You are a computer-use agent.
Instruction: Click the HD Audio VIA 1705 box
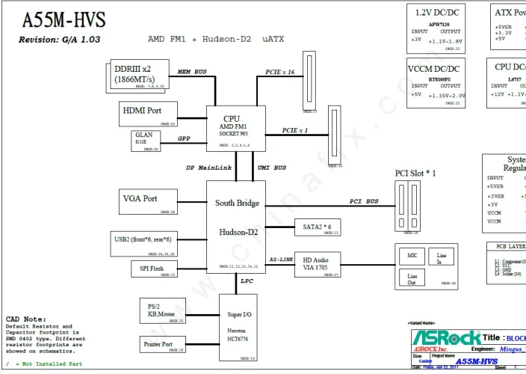coord(317,263)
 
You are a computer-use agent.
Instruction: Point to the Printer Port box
coord(161,345)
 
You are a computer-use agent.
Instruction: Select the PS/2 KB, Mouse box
coord(161,311)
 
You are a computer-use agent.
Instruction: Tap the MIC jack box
coord(412,256)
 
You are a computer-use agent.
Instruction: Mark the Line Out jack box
coord(412,278)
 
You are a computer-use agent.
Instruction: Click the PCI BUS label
coord(364,201)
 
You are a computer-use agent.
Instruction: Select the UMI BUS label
coord(270,168)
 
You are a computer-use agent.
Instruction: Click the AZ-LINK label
coord(280,259)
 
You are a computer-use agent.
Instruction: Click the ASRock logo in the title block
coord(446,338)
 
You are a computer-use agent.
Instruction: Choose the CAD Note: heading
coord(25,319)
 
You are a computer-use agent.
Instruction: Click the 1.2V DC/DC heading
coord(437,13)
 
